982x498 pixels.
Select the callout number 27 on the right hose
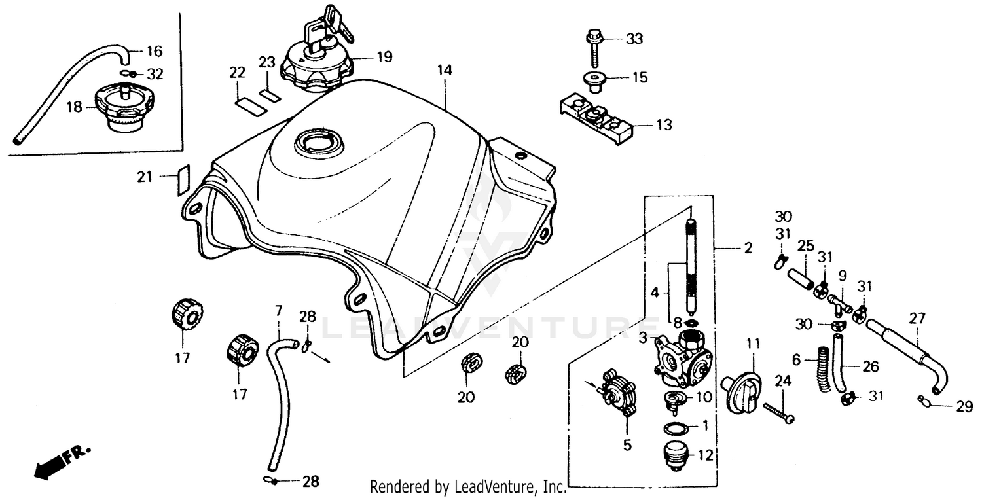[x=917, y=319]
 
